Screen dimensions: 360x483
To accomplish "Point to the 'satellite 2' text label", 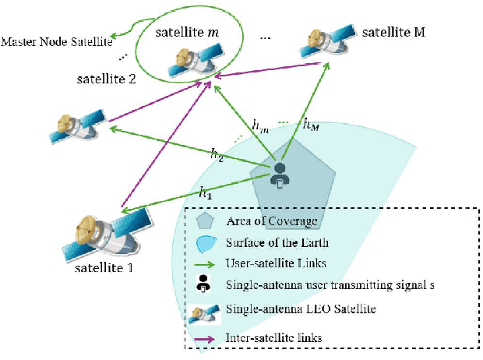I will click(x=107, y=79).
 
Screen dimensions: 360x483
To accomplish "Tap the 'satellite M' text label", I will click(x=393, y=33).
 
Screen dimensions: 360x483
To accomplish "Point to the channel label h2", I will click(x=217, y=154).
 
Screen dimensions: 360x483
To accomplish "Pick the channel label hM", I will click(x=310, y=124).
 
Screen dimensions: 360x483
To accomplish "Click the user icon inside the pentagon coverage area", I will click(x=280, y=176).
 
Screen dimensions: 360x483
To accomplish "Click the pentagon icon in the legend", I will click(x=205, y=221).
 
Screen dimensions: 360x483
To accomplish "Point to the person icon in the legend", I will click(x=204, y=284).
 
